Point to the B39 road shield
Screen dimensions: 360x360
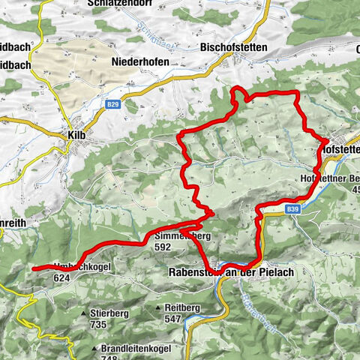(293, 211)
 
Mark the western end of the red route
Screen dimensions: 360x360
(34, 267)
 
